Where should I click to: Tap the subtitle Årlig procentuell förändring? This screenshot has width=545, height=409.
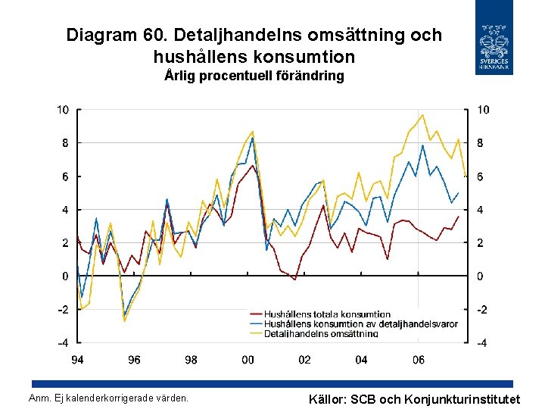pos(254,76)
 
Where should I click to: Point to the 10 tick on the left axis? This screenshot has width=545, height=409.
pos(63,110)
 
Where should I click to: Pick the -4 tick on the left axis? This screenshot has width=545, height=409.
pos(63,343)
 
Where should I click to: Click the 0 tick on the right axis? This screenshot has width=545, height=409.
pos(480,276)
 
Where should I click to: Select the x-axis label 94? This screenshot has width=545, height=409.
pos(77,360)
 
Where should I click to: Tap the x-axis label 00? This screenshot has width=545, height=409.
pos(248,360)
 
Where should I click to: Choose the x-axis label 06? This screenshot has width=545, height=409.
pos(419,360)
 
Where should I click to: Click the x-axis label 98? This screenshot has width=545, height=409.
pos(191,360)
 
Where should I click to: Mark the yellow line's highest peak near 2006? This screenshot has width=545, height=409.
pos(422,115)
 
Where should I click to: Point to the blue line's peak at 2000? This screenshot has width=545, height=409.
pos(252,137)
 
